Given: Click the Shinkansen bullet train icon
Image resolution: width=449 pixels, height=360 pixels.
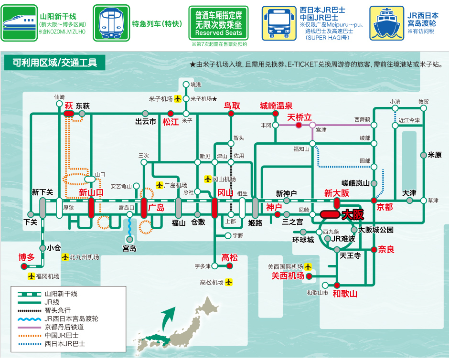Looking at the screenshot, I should pos(20,23).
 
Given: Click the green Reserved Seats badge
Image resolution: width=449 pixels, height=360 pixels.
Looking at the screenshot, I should pos(218,23).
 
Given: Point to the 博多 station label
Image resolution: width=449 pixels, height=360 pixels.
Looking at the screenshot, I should pos(27,257).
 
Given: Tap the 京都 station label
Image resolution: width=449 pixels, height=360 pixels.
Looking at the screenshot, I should pos(385,207).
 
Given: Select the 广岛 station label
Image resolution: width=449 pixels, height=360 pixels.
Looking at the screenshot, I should pos(156,208).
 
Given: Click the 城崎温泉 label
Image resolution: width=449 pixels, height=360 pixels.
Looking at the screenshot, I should pos(276,106).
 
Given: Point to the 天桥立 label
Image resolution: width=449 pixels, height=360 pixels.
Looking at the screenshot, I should pos(299,117).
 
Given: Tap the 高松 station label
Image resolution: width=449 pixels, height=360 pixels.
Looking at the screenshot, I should pos(229,258).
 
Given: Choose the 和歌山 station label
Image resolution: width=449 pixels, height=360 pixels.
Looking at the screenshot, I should pos(345,293).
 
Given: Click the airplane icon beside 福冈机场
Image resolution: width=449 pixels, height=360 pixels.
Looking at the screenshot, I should pos(32,276).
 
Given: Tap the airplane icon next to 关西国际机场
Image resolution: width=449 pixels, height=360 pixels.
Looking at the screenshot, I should pos(309,266).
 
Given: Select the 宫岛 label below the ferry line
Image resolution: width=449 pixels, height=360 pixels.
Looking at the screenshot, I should pos(129,248).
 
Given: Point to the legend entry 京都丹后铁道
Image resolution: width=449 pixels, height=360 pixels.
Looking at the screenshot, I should pos(64,327).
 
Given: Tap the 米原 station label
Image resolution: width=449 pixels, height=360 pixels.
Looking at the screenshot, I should pos(435,155).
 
